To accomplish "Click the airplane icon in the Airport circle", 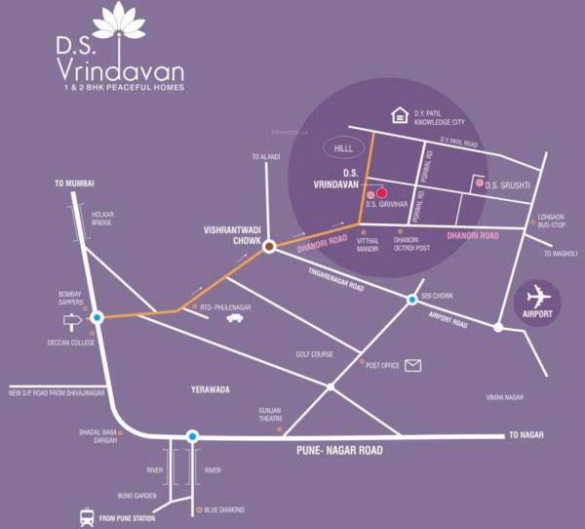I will (537, 295).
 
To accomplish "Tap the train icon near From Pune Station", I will (85, 517).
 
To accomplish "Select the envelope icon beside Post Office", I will (413, 366).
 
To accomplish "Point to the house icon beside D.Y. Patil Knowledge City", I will (399, 115).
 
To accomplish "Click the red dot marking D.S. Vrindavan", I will (382, 192).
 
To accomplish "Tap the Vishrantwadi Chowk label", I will (229, 235).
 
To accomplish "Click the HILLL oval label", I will (341, 148).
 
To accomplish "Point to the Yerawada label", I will (210, 389).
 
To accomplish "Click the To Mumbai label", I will (74, 184).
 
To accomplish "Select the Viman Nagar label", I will (505, 397).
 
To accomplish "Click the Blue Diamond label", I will (224, 510).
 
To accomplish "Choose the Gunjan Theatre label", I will (270, 415).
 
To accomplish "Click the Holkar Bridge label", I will (103, 218).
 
